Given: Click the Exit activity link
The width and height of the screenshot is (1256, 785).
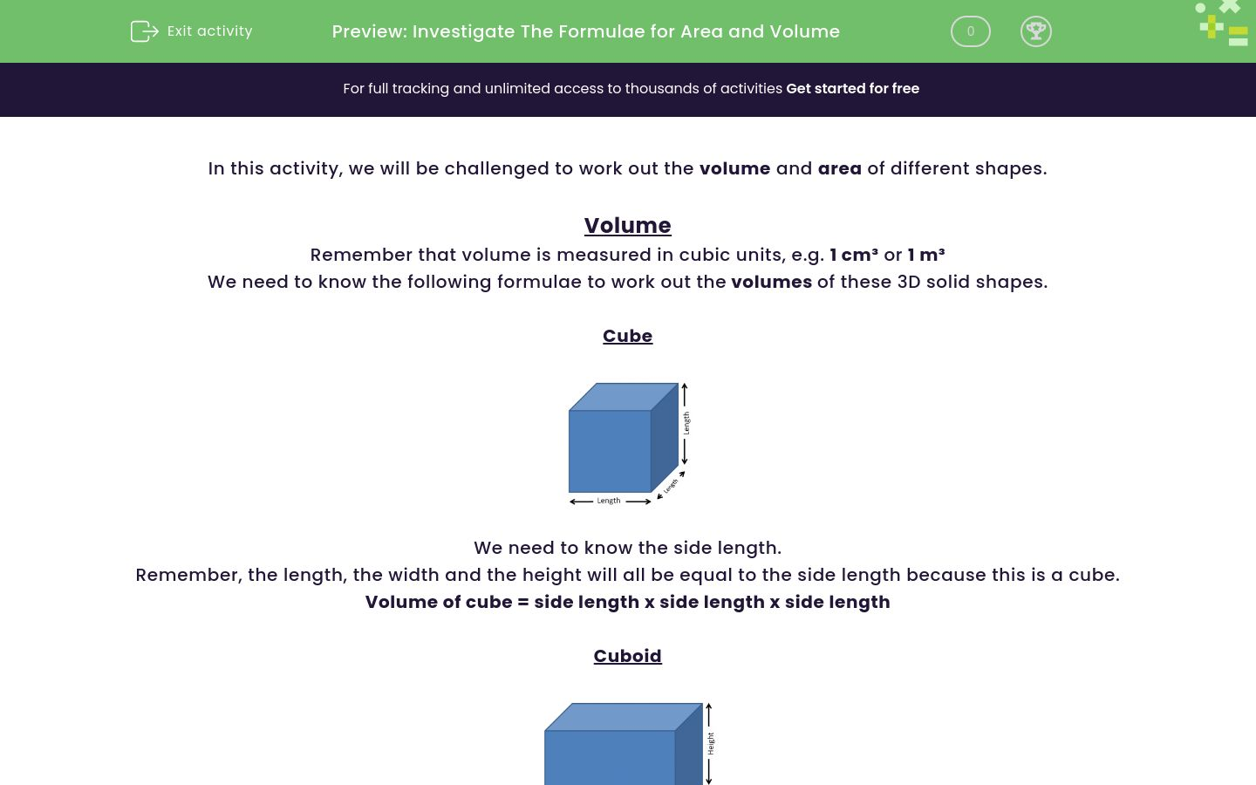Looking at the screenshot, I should (x=208, y=31).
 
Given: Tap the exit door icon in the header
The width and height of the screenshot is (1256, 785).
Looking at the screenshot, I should (x=144, y=31).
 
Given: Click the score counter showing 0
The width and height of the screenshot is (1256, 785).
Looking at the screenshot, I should (x=970, y=31).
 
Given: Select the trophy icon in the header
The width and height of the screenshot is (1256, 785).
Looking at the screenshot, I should (x=1035, y=31).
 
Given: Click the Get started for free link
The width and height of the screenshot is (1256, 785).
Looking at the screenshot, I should (x=852, y=89).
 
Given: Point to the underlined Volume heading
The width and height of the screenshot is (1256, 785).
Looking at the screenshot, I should (x=627, y=225).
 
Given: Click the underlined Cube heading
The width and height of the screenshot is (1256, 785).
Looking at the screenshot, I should (x=627, y=336).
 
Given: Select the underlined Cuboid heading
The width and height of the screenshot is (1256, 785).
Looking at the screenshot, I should (x=627, y=656).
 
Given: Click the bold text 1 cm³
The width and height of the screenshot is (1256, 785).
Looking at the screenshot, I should (x=853, y=255).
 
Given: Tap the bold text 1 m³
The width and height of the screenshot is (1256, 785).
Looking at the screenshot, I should (x=925, y=255).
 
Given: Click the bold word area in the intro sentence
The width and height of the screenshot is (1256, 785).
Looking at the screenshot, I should (x=839, y=168).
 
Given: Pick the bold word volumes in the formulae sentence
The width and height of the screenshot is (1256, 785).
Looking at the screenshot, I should (x=771, y=282).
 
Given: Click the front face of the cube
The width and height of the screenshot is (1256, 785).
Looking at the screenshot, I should (x=610, y=452).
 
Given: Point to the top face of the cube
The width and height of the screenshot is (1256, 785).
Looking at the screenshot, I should (x=623, y=397).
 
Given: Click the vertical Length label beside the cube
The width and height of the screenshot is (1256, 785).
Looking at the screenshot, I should (x=686, y=423).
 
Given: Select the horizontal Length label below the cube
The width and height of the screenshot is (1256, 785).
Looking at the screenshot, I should (x=609, y=501).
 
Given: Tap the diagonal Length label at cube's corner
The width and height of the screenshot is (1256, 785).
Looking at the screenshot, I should (x=671, y=487).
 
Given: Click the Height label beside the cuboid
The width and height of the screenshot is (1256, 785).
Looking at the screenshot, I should (x=711, y=744).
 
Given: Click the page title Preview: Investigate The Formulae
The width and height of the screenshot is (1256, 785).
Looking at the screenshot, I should (x=585, y=31).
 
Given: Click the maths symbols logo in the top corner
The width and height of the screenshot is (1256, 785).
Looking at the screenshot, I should (x=1223, y=24).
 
